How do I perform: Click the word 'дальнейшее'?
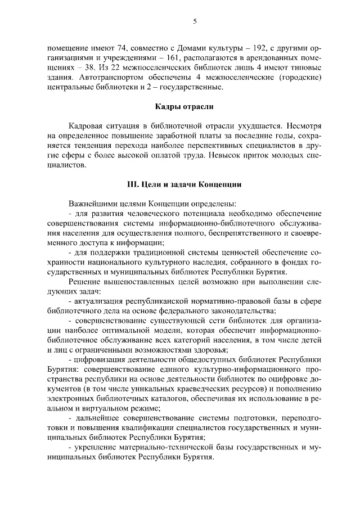pos(95,418)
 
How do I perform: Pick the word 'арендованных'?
pos(270,57)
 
